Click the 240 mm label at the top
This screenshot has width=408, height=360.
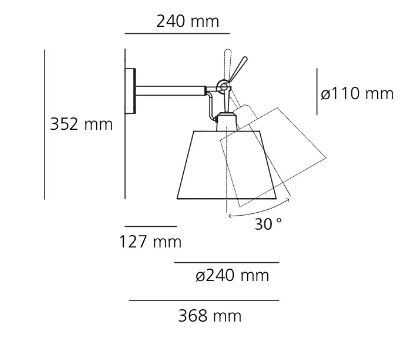pyautogui.click(x=188, y=22)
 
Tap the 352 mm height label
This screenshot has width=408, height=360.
pyautogui.click(x=81, y=124)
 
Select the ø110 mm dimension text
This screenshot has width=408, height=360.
pyautogui.click(x=357, y=93)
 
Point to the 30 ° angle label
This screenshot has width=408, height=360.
pyautogui.click(x=268, y=224)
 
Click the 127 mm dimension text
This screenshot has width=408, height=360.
pyautogui.click(x=150, y=242)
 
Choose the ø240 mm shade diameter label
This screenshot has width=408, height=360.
pyautogui.click(x=232, y=276)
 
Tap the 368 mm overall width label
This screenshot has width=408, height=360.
pyautogui.click(x=210, y=316)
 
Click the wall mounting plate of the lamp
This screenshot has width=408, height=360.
pyautogui.click(x=130, y=91)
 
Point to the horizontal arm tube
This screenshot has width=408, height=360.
pyautogui.click(x=170, y=91)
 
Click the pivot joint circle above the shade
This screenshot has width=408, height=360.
pyautogui.click(x=222, y=86)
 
